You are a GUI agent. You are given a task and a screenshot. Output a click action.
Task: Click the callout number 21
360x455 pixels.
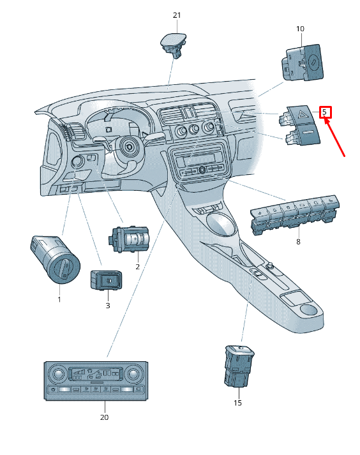pyautogui.click(x=177, y=15)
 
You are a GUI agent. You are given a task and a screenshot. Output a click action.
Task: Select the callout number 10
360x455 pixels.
pyautogui.click(x=300, y=29)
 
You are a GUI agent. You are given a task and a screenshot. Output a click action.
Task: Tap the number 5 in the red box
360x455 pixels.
pyautogui.click(x=325, y=112)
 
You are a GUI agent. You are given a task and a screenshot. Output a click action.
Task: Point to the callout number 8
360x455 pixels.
pyautogui.click(x=298, y=242)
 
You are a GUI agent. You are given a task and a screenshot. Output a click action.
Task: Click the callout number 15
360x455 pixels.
pyautogui.click(x=237, y=403)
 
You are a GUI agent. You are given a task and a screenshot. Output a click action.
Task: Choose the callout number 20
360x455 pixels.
pyautogui.click(x=104, y=417)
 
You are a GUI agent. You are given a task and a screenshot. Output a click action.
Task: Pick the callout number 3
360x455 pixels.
pyautogui.click(x=108, y=305)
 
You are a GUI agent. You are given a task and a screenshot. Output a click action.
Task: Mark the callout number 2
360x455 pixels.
pyautogui.click(x=138, y=266)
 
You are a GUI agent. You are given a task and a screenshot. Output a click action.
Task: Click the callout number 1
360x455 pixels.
pyautogui.click(x=59, y=299)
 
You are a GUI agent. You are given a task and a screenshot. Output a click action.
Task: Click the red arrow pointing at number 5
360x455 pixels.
pyautogui.click(x=334, y=138)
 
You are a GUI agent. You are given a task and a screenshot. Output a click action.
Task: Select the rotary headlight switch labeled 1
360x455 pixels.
pyautogui.click(x=55, y=259)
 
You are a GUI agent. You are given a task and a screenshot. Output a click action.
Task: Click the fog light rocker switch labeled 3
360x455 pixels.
pyautogui.click(x=106, y=280)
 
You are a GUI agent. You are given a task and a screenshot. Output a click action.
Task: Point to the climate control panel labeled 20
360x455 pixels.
pyautogui.click(x=96, y=381)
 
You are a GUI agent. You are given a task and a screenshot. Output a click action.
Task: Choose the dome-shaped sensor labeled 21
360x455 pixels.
pyautogui.click(x=174, y=44)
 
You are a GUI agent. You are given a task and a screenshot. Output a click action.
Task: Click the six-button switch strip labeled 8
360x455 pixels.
pyautogui.click(x=295, y=214)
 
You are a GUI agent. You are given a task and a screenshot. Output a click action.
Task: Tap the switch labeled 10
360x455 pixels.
pyautogui.click(x=303, y=63)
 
